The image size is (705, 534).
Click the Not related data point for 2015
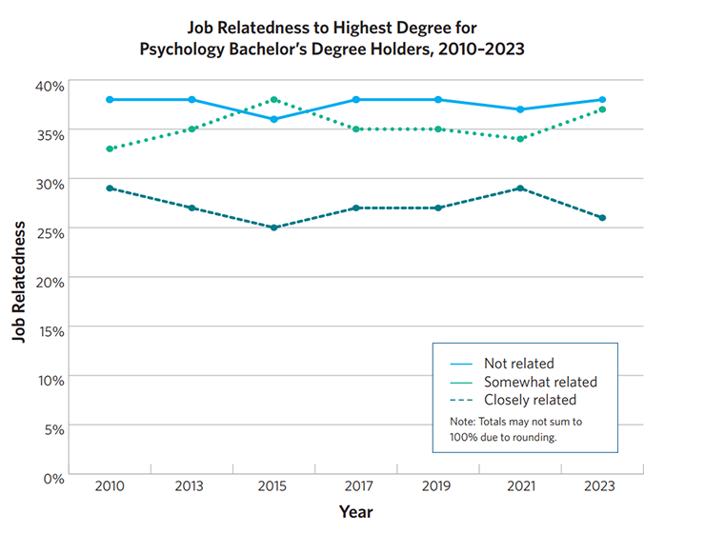tap(273, 120)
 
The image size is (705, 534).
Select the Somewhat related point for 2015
tap(273, 100)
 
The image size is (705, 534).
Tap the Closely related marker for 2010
tap(110, 188)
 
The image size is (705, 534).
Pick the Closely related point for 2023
tap(602, 218)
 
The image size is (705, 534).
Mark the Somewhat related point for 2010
tap(110, 148)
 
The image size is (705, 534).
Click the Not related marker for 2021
tap(520, 109)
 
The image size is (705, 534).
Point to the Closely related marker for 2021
tap(520, 188)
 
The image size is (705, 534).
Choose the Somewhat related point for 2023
tap(602, 109)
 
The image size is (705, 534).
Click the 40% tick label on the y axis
tap(50, 86)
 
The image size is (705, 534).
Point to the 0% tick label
tap(54, 479)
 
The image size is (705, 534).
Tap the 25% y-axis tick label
tap(50, 233)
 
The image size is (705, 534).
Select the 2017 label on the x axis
tap(359, 486)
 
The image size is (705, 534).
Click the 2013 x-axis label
tap(190, 486)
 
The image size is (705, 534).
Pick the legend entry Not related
tap(519, 364)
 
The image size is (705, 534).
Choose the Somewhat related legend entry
tap(540, 382)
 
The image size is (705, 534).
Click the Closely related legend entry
tap(530, 400)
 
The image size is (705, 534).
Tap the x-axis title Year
tap(356, 512)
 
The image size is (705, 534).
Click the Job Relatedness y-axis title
tap(18, 282)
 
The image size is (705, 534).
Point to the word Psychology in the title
tap(182, 49)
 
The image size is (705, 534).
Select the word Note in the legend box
tap(463, 422)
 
